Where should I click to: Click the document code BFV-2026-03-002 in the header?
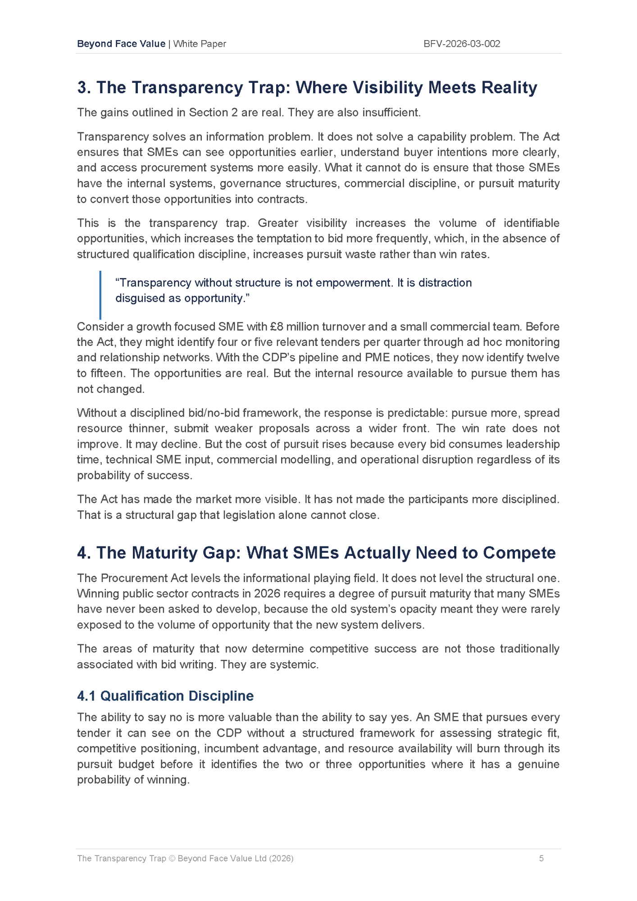coord(462,44)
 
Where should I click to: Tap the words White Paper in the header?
coord(200,44)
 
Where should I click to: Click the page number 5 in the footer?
coord(541,858)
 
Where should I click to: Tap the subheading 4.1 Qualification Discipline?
coord(165,696)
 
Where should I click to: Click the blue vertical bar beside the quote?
coord(100,295)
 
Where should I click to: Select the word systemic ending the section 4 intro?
coord(293,664)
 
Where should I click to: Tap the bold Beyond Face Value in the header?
coord(121,44)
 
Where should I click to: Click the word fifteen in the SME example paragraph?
coord(106,373)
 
